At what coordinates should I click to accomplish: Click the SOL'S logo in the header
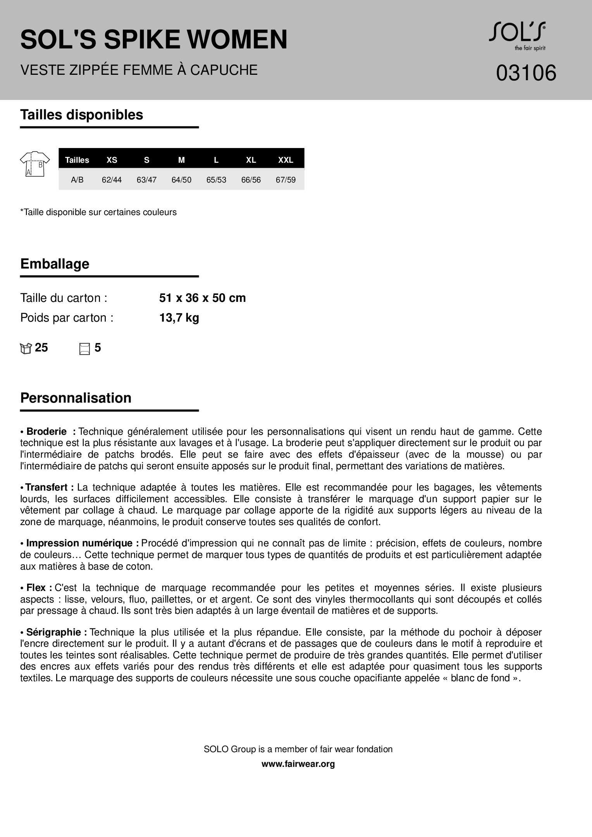(x=517, y=35)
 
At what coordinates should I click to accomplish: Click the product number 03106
(x=526, y=73)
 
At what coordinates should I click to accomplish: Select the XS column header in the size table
(x=112, y=160)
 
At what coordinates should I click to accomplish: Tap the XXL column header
(x=286, y=160)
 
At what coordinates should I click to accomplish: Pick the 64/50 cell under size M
(x=181, y=180)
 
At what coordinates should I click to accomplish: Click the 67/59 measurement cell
(x=286, y=180)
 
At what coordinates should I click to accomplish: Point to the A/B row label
(x=77, y=180)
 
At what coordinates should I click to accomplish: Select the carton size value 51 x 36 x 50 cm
(x=202, y=298)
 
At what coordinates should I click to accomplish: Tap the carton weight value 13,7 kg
(x=179, y=318)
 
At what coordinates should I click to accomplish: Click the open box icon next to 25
(x=26, y=348)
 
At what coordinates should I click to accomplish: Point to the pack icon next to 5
(x=84, y=348)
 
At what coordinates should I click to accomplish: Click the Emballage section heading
(x=55, y=264)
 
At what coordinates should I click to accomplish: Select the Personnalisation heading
(x=76, y=398)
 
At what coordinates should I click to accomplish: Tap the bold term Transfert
(x=49, y=487)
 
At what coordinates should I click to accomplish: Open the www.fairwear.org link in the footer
(x=298, y=764)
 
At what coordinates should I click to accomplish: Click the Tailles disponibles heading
(x=81, y=115)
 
